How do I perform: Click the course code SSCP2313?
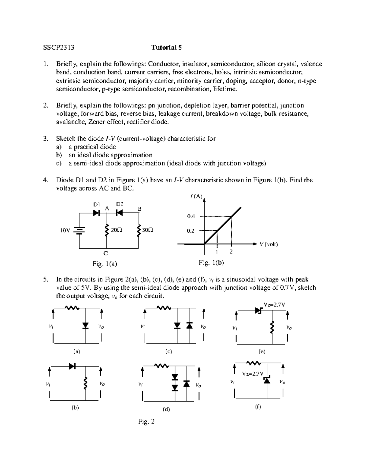[x=59, y=47]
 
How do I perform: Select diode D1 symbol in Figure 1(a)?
[x=97, y=213]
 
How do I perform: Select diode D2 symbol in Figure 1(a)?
[x=119, y=213]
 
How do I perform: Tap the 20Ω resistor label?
[x=116, y=230]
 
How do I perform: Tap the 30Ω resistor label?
[x=148, y=230]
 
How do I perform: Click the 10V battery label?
[x=65, y=231]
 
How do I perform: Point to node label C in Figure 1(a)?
[x=105, y=253]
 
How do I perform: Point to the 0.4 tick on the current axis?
[x=191, y=216]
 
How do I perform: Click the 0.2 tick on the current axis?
[x=191, y=231]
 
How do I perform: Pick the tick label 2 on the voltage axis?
[x=231, y=252]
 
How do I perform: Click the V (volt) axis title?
[x=269, y=244]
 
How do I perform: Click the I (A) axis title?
[x=196, y=196]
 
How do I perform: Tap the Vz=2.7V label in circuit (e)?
[x=275, y=305]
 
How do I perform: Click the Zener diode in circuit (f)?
[x=267, y=380]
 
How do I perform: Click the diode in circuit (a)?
[x=86, y=326]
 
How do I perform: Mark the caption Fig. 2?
[x=146, y=422]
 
